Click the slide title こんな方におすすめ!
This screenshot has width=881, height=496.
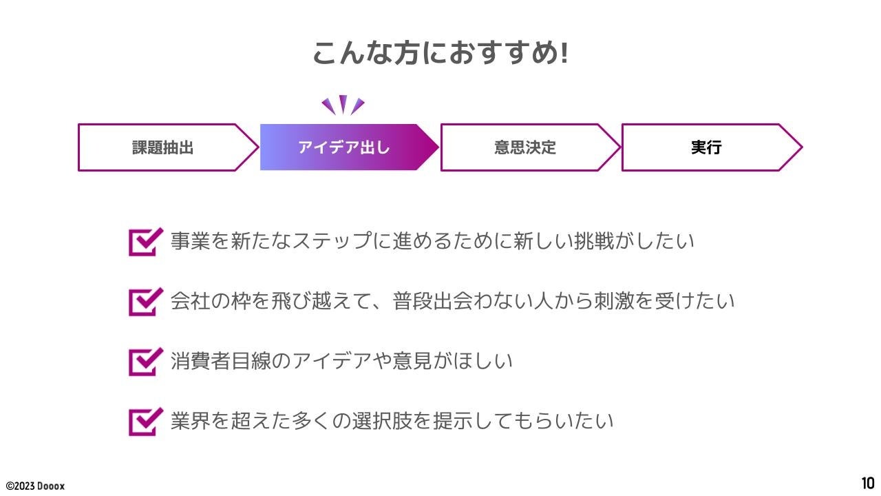440,53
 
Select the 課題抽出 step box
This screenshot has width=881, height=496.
163,147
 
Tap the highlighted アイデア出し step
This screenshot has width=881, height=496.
344,147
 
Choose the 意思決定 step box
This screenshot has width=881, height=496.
525,147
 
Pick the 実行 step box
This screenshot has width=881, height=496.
706,147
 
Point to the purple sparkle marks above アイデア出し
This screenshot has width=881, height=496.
343,105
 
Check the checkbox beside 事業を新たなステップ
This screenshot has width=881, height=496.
145,242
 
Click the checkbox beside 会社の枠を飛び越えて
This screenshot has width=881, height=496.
145,302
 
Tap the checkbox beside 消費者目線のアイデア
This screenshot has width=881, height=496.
145,361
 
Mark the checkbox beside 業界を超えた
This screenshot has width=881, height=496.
145,421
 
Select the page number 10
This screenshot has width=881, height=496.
867,483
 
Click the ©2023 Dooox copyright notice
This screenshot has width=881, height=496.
36,486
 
